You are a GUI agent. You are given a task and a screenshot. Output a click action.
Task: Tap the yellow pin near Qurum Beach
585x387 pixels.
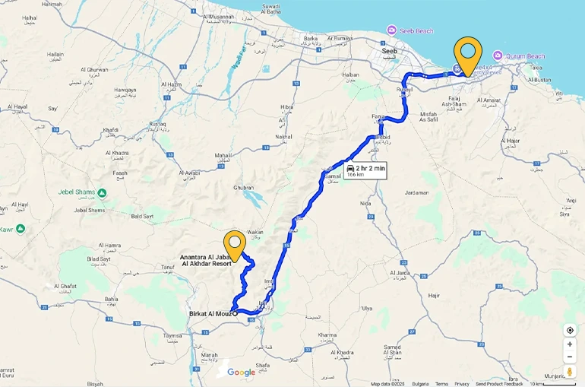coord(468,53)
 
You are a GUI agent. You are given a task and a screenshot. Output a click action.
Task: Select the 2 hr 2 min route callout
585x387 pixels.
coord(365,170)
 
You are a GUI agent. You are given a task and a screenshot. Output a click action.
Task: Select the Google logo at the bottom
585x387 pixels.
coord(241,372)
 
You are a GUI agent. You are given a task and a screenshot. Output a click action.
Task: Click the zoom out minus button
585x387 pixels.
coord(570,357)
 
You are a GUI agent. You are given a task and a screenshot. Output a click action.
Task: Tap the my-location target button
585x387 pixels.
coord(570,330)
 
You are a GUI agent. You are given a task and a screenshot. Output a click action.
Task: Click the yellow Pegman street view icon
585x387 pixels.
coord(570,372)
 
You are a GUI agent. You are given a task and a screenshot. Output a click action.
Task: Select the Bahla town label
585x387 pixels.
coord(111,299)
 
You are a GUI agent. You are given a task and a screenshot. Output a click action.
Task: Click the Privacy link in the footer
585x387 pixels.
coord(462,384)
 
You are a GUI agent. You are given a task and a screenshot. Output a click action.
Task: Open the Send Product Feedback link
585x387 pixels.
coord(500,384)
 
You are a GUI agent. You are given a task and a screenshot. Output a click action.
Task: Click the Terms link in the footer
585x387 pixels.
coord(441,384)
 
